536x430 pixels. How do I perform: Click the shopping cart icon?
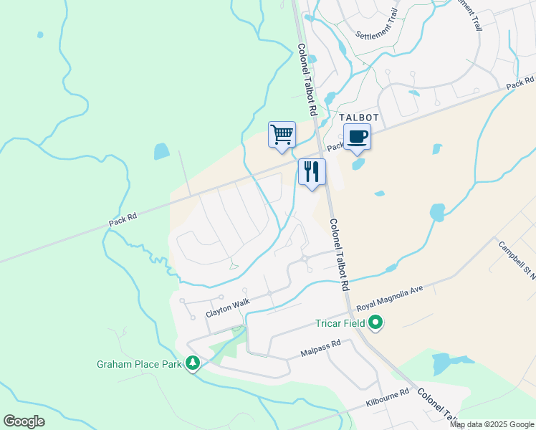[282, 134]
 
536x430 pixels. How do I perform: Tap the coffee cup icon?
[357, 136]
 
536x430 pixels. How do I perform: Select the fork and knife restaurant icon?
[312, 172]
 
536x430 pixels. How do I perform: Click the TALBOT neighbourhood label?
[358, 117]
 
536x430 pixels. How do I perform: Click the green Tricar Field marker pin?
[375, 324]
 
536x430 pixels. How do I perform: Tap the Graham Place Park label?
[139, 364]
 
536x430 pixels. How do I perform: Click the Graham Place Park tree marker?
[192, 363]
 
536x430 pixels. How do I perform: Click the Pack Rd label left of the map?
[123, 219]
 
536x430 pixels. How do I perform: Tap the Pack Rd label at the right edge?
[520, 83]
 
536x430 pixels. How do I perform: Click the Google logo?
[24, 421]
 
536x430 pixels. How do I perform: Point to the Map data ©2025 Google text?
[491, 424]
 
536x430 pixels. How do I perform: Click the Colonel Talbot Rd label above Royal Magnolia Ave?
[340, 254]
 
